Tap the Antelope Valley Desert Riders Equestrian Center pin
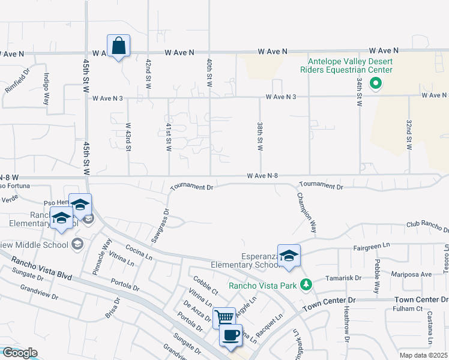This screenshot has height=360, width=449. [376, 83]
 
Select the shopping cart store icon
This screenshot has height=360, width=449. [224, 317]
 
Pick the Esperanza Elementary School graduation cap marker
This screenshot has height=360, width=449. [289, 255]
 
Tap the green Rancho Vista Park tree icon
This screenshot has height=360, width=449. [306, 284]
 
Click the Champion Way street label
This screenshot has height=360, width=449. [306, 213]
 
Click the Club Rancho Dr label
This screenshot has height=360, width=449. [427, 227]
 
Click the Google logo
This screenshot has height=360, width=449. [20, 353]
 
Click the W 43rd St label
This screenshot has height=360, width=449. [128, 137]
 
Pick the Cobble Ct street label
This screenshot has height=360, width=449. [205, 286]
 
